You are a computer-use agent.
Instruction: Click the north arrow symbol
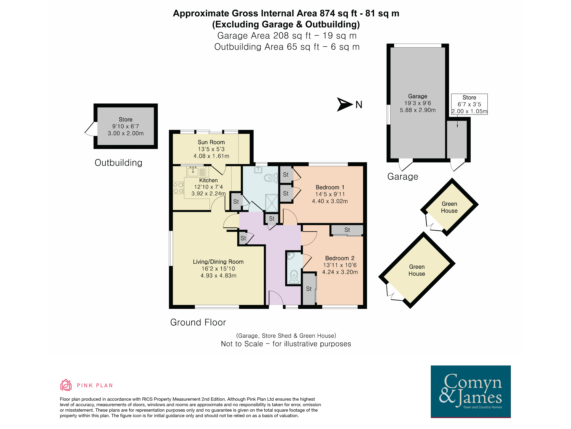point(345,104)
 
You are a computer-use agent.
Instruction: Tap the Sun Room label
point(211,142)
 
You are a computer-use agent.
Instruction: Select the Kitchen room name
point(208,180)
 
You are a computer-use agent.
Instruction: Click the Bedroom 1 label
point(330,187)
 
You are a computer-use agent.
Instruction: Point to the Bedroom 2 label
point(340,258)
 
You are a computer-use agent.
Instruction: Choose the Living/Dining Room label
point(218,262)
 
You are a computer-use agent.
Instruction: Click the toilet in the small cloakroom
point(294,277)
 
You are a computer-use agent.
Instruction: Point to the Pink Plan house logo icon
point(66,385)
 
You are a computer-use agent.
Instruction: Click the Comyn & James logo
point(471,392)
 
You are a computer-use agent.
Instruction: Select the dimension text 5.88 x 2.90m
point(418,110)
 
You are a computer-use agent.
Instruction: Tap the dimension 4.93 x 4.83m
point(218,276)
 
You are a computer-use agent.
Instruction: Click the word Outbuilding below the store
point(119,163)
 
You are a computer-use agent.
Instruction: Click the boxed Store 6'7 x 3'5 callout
point(469,104)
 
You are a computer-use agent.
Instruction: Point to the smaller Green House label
point(449,207)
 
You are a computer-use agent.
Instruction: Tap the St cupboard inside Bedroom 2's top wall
point(347,230)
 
